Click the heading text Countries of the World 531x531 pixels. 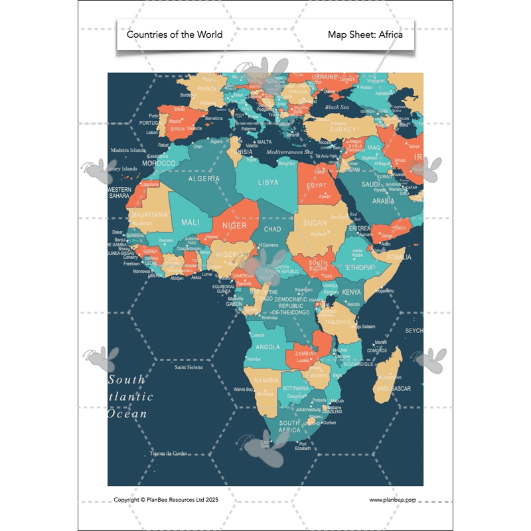[175, 35]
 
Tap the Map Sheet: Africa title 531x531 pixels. [365, 35]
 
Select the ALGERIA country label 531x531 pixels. [204, 179]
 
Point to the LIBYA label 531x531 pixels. [268, 183]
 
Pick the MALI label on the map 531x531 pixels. [190, 222]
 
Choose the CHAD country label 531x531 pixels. [273, 230]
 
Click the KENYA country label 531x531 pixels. [351, 292]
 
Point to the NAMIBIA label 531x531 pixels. [267, 380]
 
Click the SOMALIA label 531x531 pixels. [399, 257]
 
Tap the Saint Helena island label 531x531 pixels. [189, 366]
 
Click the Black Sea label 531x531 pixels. [337, 107]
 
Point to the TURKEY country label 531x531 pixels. [342, 129]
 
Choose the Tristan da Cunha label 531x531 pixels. [169, 454]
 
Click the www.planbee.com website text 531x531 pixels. [393, 500]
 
